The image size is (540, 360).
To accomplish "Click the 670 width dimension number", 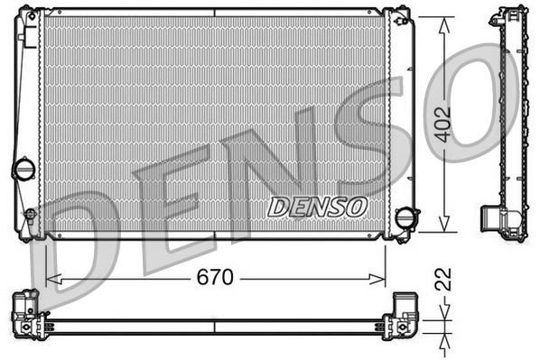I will tap(216, 279).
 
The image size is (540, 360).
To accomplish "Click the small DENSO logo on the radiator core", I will tap(318, 206).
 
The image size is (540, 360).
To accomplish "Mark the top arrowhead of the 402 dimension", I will tap(443, 24).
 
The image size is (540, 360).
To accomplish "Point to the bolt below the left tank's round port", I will tap(29, 215).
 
